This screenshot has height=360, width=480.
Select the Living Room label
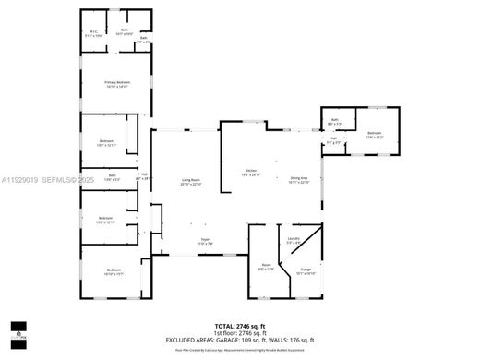(x=191, y=182)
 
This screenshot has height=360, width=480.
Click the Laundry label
(x=294, y=238)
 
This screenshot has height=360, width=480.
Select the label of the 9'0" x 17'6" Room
(x=266, y=268)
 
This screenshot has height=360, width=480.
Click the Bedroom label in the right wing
(x=374, y=135)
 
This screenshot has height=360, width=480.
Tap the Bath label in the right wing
(x=336, y=122)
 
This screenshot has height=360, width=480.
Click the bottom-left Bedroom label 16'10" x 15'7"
(x=114, y=271)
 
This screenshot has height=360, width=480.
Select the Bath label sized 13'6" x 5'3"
(x=113, y=177)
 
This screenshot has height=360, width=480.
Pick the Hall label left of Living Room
(x=144, y=175)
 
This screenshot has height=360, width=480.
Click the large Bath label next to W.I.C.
(x=125, y=32)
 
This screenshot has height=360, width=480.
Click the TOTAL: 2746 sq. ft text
(x=239, y=327)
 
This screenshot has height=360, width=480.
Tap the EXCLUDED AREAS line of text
(x=239, y=340)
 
